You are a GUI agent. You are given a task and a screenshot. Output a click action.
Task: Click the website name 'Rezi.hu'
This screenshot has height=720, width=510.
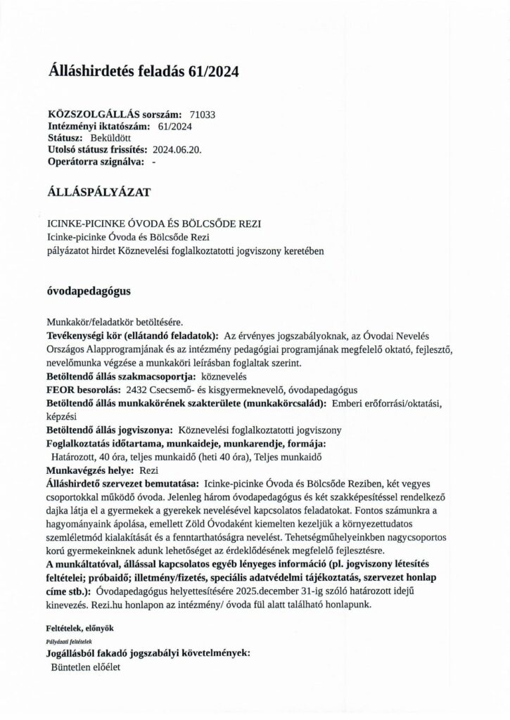point(113,603)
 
